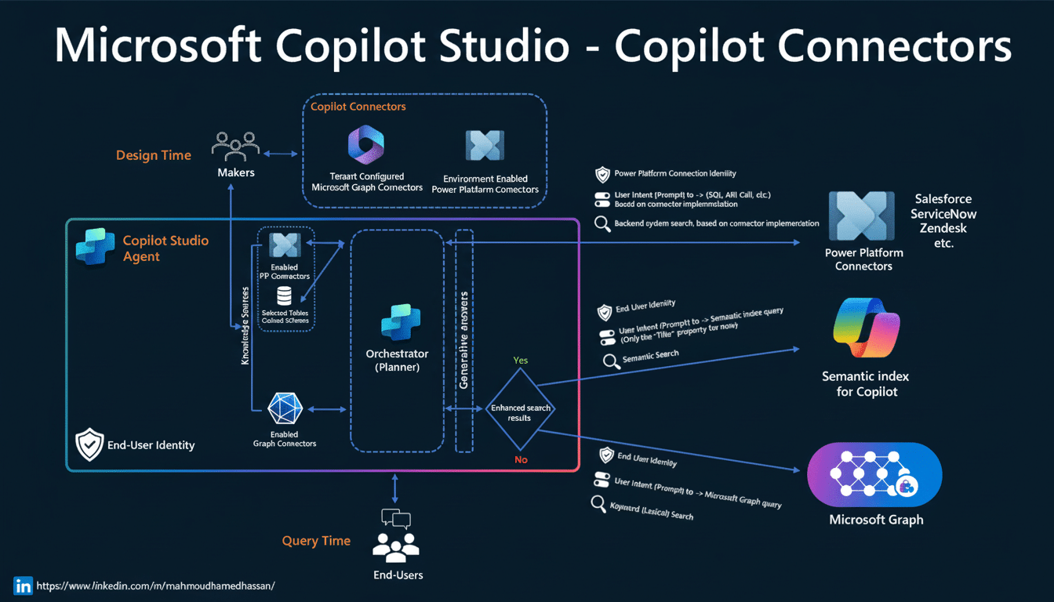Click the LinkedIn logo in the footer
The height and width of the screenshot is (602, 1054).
23,586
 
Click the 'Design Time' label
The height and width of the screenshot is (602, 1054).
154,155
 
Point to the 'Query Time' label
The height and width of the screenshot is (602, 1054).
316,542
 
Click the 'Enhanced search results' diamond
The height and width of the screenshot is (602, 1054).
519,413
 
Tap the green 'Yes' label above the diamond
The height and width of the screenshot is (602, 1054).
520,361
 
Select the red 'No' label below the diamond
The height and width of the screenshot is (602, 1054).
521,459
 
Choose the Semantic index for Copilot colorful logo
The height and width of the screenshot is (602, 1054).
866,328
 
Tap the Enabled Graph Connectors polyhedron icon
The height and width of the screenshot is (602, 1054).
284,408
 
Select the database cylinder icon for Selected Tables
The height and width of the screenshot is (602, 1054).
284,296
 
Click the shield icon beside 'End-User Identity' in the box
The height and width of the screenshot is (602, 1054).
89,444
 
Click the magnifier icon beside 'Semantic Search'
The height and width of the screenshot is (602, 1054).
610,361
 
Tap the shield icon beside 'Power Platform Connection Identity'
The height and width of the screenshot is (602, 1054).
602,174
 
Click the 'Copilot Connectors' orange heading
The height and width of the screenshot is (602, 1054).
358,107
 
